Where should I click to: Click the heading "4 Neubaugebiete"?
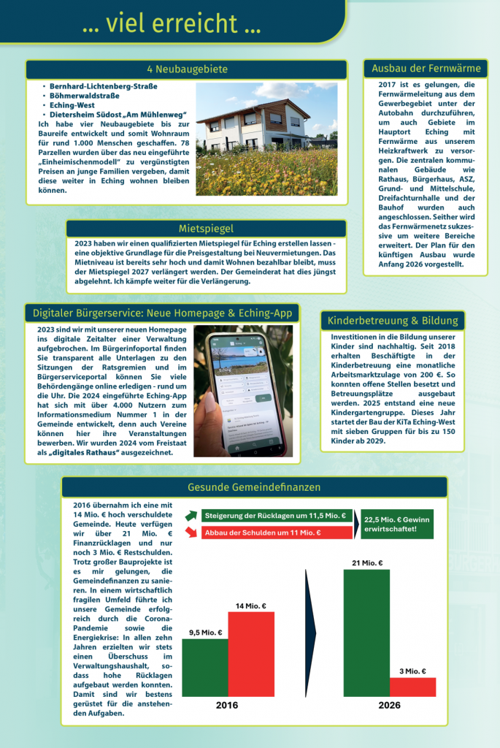coord(187,69)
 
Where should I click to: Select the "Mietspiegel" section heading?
coord(206,229)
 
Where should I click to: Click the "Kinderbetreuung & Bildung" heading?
coord(393,321)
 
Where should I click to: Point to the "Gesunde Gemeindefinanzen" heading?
coord(254,486)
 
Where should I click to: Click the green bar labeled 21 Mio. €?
coord(366,633)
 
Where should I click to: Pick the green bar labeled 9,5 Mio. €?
coord(205,668)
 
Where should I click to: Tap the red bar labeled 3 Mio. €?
coord(412,687)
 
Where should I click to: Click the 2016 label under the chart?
coord(227,706)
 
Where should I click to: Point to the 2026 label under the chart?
coord(389,706)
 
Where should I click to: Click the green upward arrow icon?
coord(191,516)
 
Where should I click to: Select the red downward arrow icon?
coord(191,533)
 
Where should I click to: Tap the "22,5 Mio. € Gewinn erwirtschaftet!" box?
coord(396,524)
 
